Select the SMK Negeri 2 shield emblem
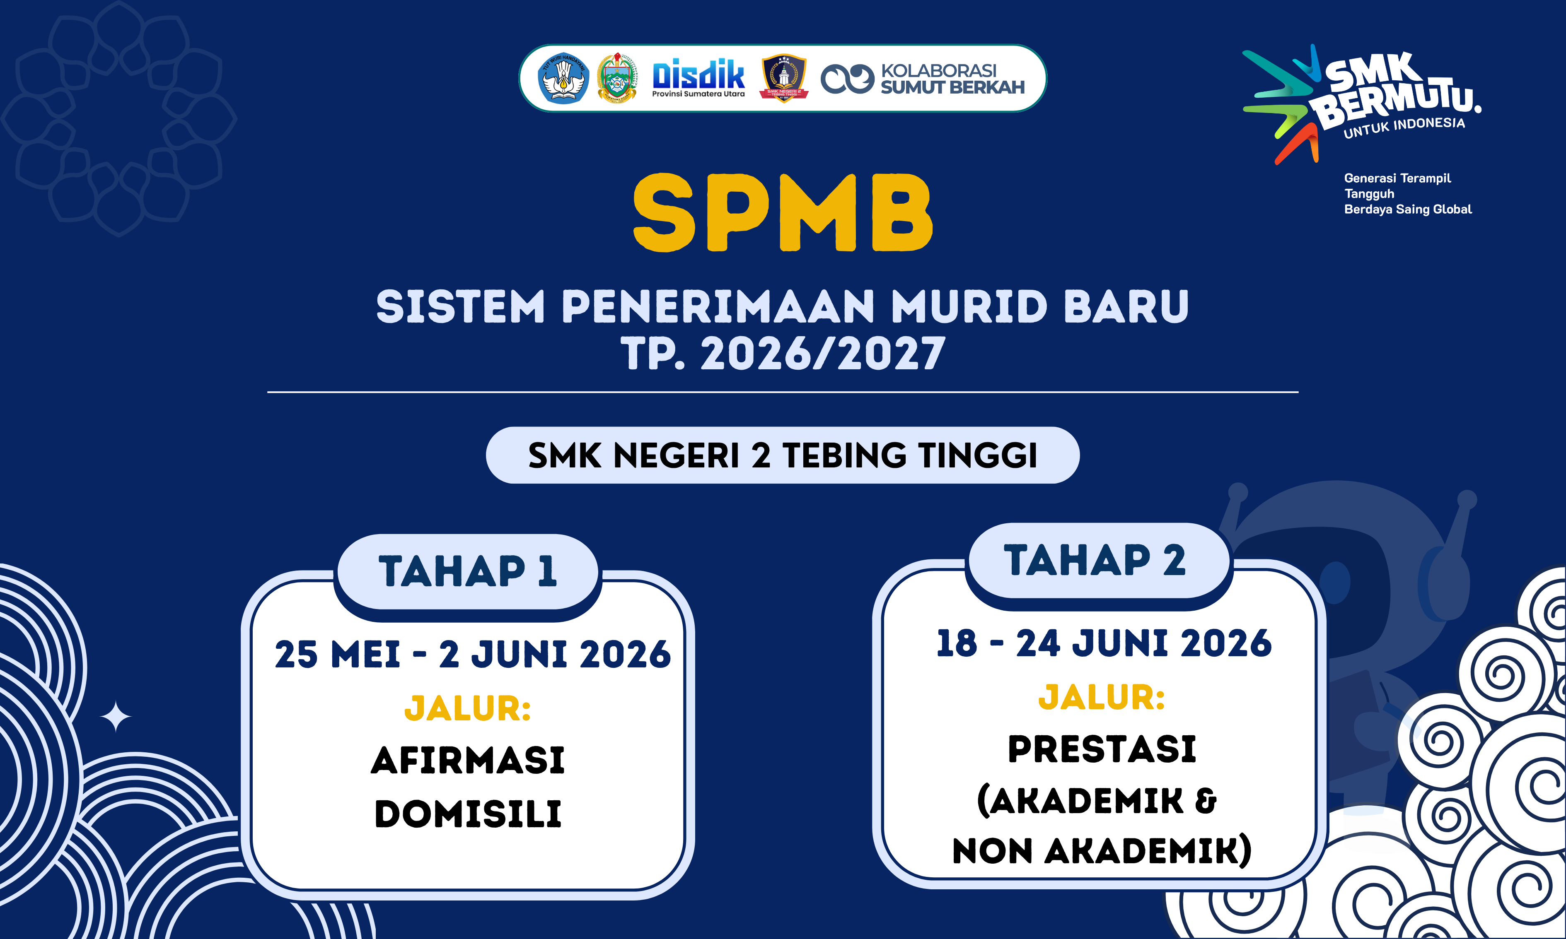point(784,78)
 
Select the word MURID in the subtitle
point(969,307)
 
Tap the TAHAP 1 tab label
point(467,571)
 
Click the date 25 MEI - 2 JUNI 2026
point(472,654)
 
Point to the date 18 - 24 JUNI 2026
point(1103,643)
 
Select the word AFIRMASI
point(467,760)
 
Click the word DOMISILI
point(467,814)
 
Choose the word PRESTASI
point(1102,749)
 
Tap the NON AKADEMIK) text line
point(1102,851)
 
